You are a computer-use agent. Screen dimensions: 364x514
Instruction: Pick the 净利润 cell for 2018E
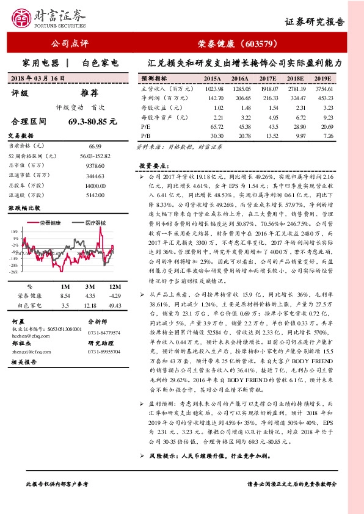pyautogui.click(x=296, y=98)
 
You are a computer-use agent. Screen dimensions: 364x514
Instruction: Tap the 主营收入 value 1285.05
pyautogui.click(x=241, y=89)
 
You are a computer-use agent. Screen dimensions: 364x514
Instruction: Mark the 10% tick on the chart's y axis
pyautogui.click(x=14, y=232)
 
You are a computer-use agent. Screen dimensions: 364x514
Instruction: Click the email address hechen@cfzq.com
pyautogui.click(x=26, y=335)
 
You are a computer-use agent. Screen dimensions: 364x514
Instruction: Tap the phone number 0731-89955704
pyautogui.click(x=104, y=352)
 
